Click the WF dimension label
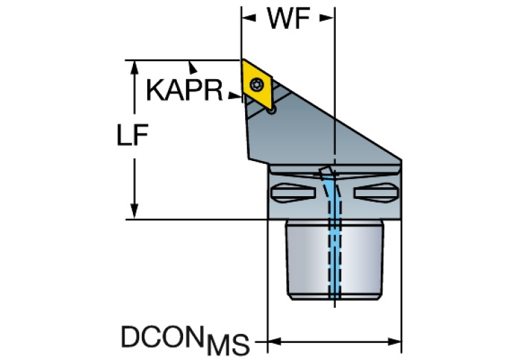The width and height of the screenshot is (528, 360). point(288,18)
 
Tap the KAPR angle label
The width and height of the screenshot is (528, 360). point(184,90)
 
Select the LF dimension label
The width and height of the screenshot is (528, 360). point(132,135)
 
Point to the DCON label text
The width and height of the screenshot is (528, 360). point(163,337)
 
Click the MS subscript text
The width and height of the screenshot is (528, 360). point(229,345)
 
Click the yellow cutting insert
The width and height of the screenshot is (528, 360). point(257,84)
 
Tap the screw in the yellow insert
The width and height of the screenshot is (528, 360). point(257,84)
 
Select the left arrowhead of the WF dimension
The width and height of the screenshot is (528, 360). point(249,18)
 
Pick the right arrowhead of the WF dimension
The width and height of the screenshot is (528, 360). point(326,18)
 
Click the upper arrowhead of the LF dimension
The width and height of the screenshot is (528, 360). point(134,67)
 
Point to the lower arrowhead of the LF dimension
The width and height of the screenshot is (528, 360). point(134,211)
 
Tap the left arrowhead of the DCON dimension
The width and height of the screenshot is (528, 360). point(275,341)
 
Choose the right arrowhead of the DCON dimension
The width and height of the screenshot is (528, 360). point(394,341)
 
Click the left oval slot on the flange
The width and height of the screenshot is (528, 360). point(293,193)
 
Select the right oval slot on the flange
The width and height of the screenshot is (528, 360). point(376,193)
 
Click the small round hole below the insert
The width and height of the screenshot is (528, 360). point(271,110)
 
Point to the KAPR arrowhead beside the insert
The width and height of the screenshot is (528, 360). point(235,96)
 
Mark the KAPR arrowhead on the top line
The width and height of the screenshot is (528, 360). point(193,67)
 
